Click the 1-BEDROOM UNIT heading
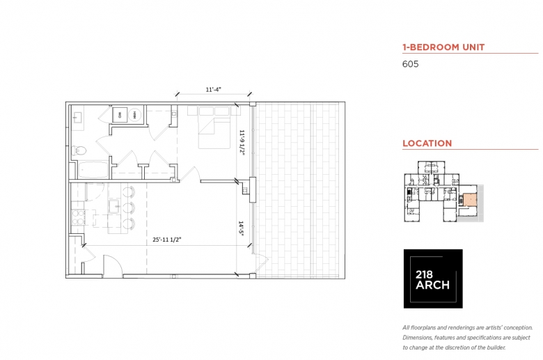click(443, 47)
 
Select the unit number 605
click(410, 64)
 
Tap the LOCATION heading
click(427, 143)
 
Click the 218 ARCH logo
click(433, 279)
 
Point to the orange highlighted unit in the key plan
click(471, 202)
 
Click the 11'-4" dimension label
click(214, 90)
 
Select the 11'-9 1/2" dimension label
click(242, 143)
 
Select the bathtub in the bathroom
click(92, 169)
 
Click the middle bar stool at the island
click(130, 206)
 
